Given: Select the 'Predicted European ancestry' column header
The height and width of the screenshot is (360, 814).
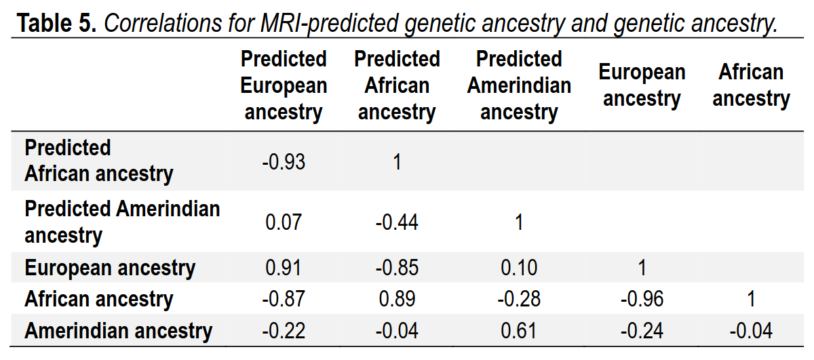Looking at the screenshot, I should pyautogui.click(x=284, y=85).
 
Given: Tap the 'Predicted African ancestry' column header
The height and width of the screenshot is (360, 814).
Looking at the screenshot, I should pyautogui.click(x=397, y=85).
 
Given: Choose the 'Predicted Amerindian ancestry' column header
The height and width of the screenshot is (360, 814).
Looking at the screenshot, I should pyautogui.click(x=519, y=85).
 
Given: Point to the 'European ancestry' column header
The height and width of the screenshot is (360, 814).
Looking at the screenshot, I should pyautogui.click(x=642, y=85).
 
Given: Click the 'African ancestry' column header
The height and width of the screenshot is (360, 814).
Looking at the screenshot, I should pyautogui.click(x=751, y=85).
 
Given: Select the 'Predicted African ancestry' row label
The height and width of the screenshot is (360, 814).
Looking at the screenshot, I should pyautogui.click(x=98, y=161).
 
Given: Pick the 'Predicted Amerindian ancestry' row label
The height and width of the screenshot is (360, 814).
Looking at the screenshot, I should pyautogui.click(x=122, y=222).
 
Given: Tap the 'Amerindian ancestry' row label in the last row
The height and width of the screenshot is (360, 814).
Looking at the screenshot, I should pyautogui.click(x=118, y=331).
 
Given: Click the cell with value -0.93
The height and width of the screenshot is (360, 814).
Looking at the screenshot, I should pyautogui.click(x=284, y=162).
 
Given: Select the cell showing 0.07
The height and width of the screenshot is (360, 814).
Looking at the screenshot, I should pyautogui.click(x=284, y=222).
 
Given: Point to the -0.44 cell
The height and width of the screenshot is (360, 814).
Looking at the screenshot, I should pyautogui.click(x=397, y=222).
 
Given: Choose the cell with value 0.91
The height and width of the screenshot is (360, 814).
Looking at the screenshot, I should pyautogui.click(x=284, y=268).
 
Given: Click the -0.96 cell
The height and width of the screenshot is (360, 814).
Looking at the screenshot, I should pyautogui.click(x=642, y=299).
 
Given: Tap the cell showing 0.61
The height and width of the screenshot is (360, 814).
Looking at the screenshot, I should pyautogui.click(x=519, y=331).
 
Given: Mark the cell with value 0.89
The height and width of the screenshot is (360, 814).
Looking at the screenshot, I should pyautogui.click(x=397, y=299).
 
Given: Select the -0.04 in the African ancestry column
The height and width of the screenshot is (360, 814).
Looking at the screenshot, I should pyautogui.click(x=751, y=331).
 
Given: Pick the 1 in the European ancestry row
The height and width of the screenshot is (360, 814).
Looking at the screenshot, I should pyautogui.click(x=642, y=268).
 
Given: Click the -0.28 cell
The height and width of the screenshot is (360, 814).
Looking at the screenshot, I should pyautogui.click(x=519, y=299).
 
